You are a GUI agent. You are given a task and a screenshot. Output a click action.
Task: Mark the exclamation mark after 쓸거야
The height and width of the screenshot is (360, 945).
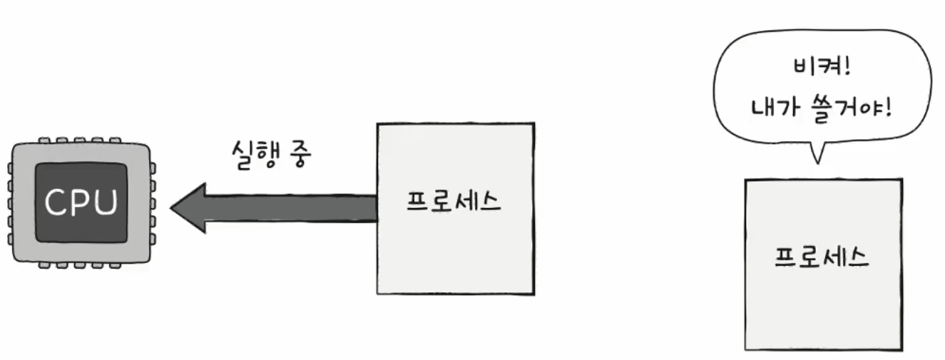[x=889, y=108]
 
